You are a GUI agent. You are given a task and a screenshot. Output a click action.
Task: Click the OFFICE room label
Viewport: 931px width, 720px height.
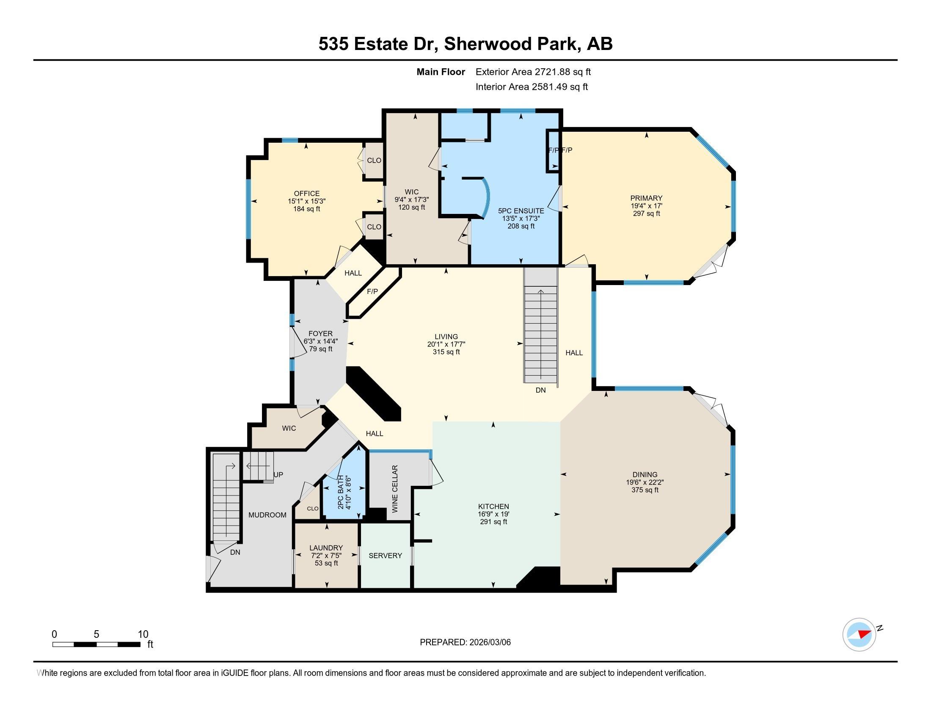(306, 193)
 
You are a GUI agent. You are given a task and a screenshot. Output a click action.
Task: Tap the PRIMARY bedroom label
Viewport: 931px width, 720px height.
(646, 198)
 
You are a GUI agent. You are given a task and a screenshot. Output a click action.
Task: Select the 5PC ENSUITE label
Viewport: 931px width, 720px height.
(521, 211)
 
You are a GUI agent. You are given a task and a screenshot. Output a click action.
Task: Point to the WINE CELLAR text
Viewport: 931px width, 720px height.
(395, 489)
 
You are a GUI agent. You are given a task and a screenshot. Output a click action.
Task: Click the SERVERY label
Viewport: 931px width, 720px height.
(386, 555)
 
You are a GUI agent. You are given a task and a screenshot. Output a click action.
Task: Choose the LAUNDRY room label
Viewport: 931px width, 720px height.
(326, 548)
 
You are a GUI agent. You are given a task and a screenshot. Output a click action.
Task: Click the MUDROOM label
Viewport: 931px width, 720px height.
(267, 515)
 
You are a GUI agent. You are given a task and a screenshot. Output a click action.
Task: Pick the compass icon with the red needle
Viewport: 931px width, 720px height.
(859, 634)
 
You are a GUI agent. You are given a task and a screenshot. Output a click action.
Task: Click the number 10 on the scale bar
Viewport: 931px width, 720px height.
(143, 634)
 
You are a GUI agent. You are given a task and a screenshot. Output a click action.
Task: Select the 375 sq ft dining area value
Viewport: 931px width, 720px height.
(645, 490)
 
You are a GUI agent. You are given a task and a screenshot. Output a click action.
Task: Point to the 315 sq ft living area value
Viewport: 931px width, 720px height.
(446, 352)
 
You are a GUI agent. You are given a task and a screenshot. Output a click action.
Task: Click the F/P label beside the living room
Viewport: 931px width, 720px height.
(372, 291)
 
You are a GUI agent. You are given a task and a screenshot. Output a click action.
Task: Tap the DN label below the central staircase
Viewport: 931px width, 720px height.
(540, 390)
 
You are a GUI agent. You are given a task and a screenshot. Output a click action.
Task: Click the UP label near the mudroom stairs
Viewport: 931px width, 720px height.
(278, 475)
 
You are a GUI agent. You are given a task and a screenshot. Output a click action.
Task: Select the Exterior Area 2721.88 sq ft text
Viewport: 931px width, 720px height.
(533, 72)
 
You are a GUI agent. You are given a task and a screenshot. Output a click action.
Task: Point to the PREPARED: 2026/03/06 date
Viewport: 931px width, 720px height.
(465, 642)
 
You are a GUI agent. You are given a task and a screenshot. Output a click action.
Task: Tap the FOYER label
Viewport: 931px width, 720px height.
(321, 334)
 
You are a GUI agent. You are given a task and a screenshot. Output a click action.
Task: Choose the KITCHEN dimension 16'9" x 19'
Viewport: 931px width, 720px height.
(493, 515)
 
